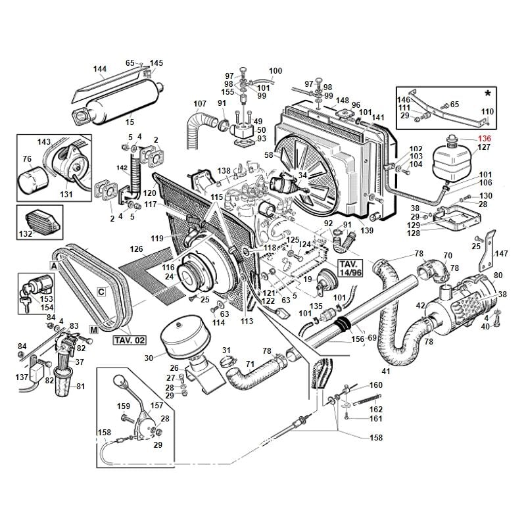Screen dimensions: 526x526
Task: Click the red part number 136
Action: coord(485,139)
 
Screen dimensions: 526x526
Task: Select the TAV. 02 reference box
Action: coord(130,340)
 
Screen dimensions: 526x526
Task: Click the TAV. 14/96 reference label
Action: coord(349,267)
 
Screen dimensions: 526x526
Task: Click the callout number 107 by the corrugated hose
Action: coord(200,104)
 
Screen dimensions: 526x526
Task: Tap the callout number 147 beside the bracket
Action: coord(502,253)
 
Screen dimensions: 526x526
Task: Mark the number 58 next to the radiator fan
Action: coord(268,155)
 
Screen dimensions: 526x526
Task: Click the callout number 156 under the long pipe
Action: coord(358,340)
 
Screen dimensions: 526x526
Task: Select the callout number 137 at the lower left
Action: coord(22,377)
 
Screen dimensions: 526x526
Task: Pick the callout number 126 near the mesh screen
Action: coord(136,249)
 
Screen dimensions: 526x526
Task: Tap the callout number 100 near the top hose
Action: coord(275,71)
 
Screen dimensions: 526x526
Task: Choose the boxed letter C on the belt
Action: coord(101,292)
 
